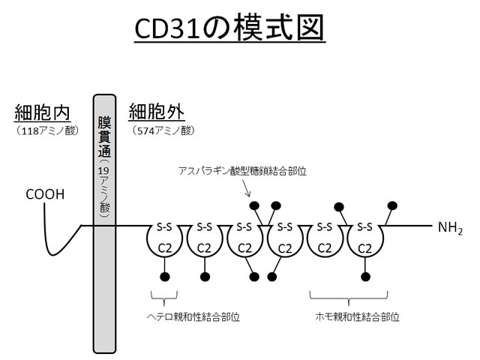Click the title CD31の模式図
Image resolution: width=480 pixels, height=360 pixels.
tap(239, 30)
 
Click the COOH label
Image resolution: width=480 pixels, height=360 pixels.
tap(45, 195)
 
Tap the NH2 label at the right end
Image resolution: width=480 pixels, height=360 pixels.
tap(448, 226)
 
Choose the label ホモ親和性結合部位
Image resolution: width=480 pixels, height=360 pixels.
tap(355, 316)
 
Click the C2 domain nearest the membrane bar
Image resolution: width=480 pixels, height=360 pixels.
tap(163, 247)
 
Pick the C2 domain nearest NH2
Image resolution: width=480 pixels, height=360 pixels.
tap(365, 247)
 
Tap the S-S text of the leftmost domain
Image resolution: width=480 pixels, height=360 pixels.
tap(163, 226)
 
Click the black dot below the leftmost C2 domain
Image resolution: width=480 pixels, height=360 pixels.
tap(164, 276)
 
